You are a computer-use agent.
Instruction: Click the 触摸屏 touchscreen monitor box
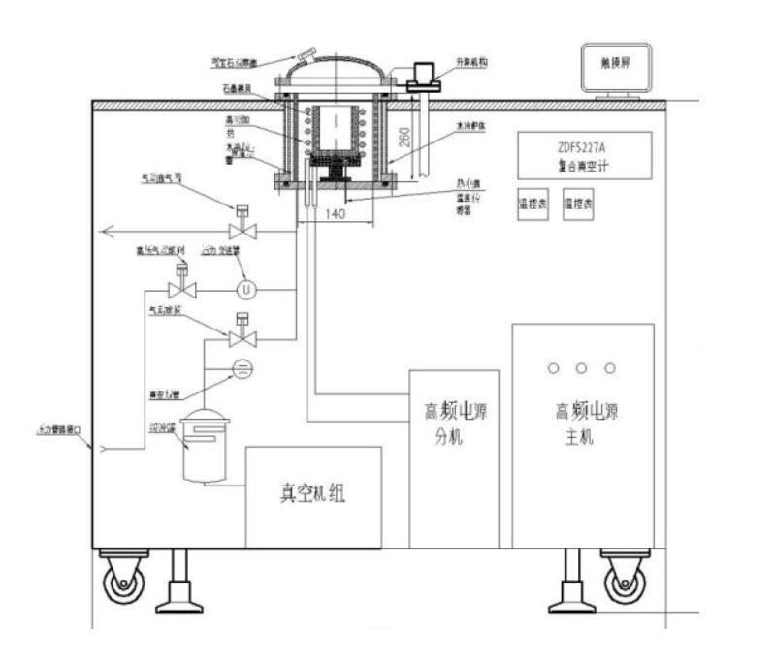click(x=616, y=69)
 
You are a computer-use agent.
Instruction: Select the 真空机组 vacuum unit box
click(x=313, y=496)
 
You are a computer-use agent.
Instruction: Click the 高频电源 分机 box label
click(x=454, y=423)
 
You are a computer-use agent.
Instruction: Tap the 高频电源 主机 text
click(x=583, y=423)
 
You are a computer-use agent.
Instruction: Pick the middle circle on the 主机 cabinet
click(x=582, y=368)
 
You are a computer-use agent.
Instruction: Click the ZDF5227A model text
click(x=583, y=145)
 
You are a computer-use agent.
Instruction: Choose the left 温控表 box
click(x=533, y=205)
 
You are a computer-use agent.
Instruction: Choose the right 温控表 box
click(x=579, y=205)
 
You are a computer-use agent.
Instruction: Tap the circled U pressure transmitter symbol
click(x=245, y=289)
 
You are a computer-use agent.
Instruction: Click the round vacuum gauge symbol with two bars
click(x=242, y=367)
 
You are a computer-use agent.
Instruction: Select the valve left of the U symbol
click(x=181, y=288)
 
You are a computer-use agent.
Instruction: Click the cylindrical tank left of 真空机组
click(x=205, y=445)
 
